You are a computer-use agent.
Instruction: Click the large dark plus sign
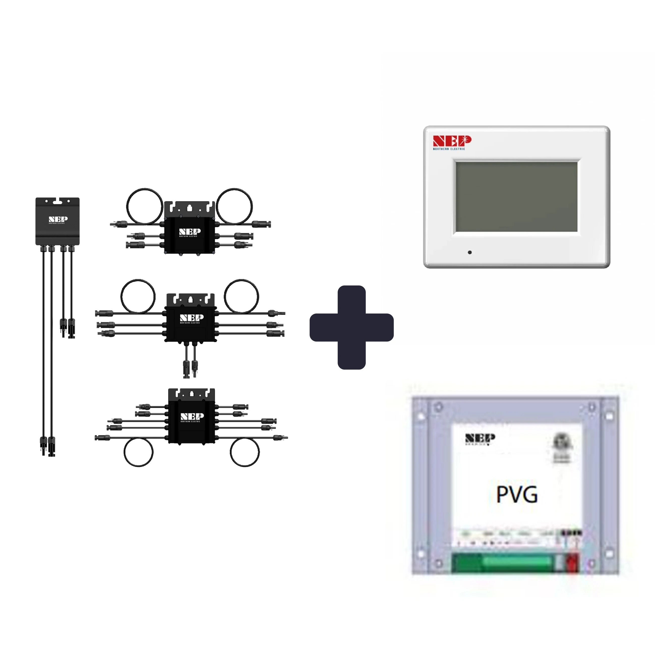351,327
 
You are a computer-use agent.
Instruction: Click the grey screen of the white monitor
516,197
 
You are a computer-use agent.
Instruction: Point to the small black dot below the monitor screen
469,252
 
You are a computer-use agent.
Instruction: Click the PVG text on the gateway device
517,495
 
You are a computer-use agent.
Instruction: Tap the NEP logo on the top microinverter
190,232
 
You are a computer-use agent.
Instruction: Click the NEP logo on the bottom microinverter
192,417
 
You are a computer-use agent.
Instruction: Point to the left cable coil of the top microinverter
145,206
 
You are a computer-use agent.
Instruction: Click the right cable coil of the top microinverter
234,206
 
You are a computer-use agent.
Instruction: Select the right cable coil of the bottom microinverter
245,452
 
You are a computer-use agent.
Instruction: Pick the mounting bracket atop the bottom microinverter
192,394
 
